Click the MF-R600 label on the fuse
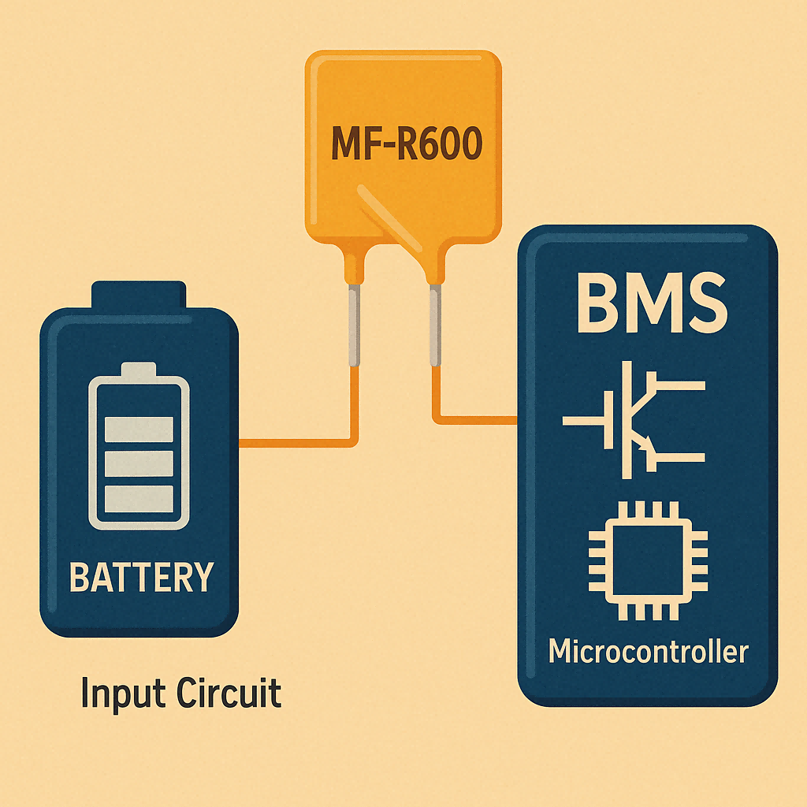pyautogui.click(x=403, y=146)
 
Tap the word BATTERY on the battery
pyautogui.click(x=141, y=578)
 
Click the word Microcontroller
pyautogui.click(x=647, y=653)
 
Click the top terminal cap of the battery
pyautogui.click(x=139, y=296)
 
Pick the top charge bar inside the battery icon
pyautogui.click(x=139, y=430)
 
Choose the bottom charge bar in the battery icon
pyautogui.click(x=139, y=498)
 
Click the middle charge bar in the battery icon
pyautogui.click(x=139, y=463)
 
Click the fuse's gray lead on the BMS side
pyautogui.click(x=433, y=325)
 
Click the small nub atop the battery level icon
pyautogui.click(x=139, y=369)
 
